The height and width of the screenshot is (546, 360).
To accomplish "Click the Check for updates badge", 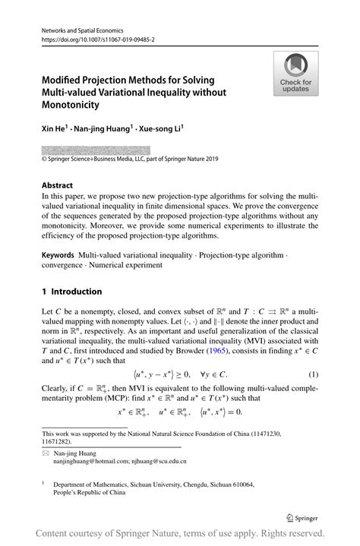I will (295, 74).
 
